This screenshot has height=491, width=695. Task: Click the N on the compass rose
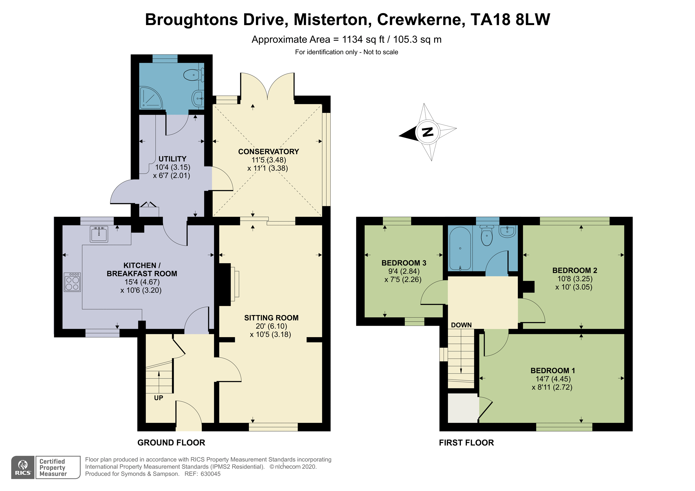(x=428, y=132)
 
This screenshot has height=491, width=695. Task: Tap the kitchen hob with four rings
(x=72, y=282)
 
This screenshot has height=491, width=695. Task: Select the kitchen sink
(x=99, y=234)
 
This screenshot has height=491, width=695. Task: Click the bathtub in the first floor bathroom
(x=460, y=248)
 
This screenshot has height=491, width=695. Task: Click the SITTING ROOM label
(x=271, y=318)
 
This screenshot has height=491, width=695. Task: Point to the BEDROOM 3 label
(x=404, y=263)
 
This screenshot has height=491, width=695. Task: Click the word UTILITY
(x=172, y=159)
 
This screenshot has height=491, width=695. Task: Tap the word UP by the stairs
(x=159, y=398)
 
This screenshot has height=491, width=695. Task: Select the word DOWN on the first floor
(x=461, y=325)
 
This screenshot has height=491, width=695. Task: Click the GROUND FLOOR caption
(x=171, y=443)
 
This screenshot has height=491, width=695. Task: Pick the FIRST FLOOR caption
(x=467, y=443)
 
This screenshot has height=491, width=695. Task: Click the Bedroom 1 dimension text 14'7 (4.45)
(x=553, y=379)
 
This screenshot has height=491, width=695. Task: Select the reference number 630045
(x=210, y=474)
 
